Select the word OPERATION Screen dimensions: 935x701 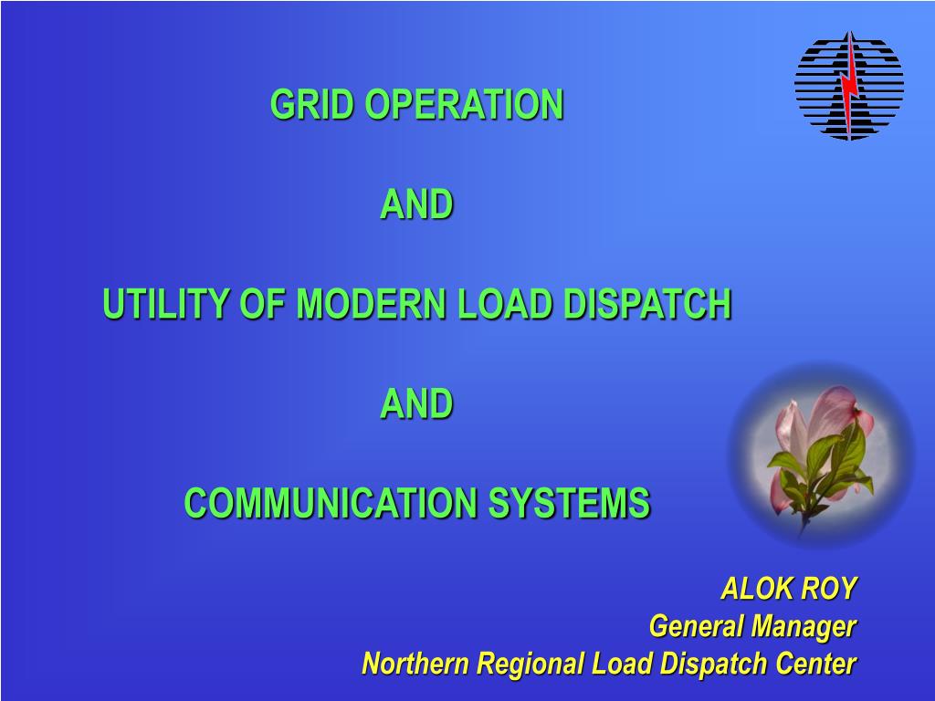tap(464, 104)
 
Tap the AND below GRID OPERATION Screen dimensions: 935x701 tap(416, 204)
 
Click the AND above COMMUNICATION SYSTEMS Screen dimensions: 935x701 tap(416, 403)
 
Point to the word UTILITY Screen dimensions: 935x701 tap(166, 304)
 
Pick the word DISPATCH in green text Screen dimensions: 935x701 tap(647, 304)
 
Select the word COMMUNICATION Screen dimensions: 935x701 tap(331, 503)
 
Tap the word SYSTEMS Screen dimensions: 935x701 tap(569, 503)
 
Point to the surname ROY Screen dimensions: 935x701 tap(829, 589)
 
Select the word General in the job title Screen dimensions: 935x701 tap(696, 626)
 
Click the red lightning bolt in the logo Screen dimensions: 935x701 tap(850, 83)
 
